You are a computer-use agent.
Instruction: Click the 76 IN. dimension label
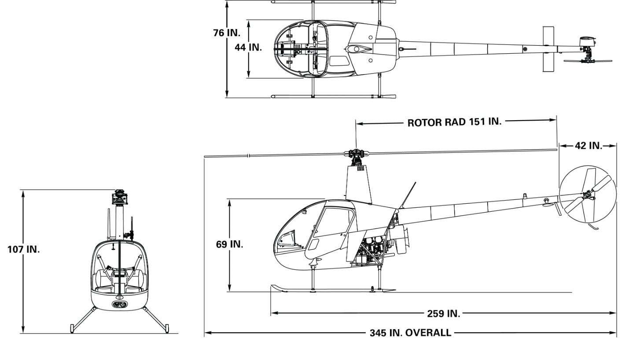coord(227,33)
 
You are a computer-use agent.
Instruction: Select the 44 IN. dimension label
coord(248,48)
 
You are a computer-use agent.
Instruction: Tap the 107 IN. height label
coord(24,250)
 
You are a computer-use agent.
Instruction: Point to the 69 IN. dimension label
coord(229,244)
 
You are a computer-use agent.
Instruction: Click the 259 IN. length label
coord(444,313)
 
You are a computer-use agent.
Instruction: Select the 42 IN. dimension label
coord(588,146)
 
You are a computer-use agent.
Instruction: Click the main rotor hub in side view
coord(356,154)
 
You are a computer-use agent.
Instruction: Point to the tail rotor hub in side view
coord(588,195)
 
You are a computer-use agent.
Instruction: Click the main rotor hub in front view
coord(120,196)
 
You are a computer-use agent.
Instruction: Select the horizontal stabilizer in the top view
coord(548,49)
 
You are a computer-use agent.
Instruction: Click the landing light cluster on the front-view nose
coord(120,305)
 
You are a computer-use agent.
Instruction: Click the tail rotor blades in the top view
coord(588,61)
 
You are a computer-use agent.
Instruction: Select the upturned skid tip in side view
coord(279,288)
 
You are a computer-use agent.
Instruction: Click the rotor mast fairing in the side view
coord(358,184)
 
